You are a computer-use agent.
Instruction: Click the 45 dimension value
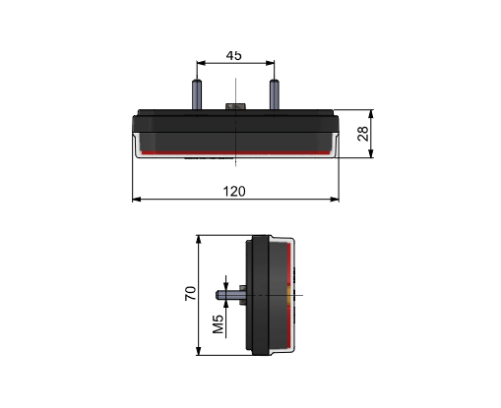pos(234,55)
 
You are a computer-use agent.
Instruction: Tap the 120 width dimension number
pos(234,192)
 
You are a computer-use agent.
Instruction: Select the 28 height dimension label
pos(363,134)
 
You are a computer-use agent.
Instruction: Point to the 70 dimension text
pos(190,293)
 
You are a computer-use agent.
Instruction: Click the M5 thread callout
pos(219,324)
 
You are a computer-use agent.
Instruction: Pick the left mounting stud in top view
pos(197,95)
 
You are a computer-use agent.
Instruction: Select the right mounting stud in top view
pos(275,95)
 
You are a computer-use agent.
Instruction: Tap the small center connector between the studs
pos(235,106)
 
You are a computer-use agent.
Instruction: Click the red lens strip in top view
pos(236,152)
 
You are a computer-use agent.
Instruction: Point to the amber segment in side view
pos(289,295)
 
